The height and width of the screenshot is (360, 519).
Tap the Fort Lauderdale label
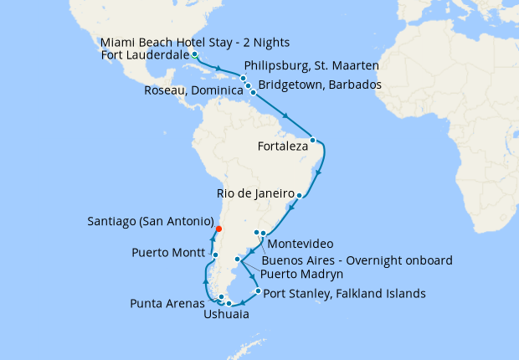pos(144,55)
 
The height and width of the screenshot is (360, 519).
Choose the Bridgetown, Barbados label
pos(320,85)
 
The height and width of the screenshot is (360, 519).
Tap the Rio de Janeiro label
pos(254,193)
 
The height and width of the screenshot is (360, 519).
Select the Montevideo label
pos(301,244)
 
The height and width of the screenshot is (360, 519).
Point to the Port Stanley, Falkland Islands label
pos(344,294)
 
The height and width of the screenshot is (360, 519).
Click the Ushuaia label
pos(225,315)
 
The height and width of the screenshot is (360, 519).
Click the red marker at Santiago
pos(218,229)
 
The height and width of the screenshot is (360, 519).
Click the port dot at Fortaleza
pos(312,140)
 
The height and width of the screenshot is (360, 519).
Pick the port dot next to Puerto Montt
pos(215,255)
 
